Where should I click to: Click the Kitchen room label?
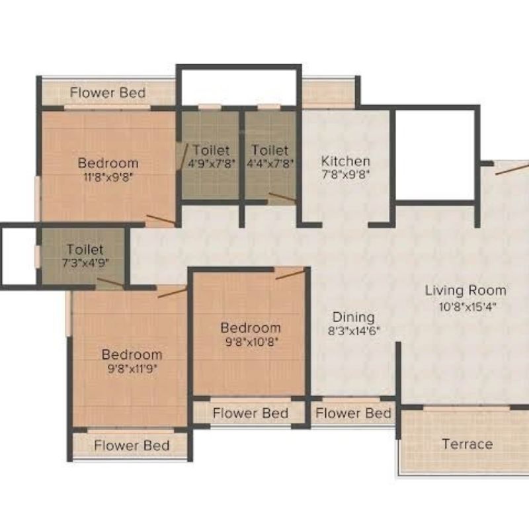(x=345, y=161)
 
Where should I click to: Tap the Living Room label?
(x=466, y=290)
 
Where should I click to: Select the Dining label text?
(x=354, y=317)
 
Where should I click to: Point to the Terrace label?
(x=468, y=444)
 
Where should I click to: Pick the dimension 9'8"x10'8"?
(x=252, y=342)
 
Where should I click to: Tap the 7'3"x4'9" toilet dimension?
(x=85, y=263)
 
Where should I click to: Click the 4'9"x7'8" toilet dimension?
(x=212, y=163)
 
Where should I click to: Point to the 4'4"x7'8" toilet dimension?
(x=270, y=163)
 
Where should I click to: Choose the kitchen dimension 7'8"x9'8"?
(x=346, y=175)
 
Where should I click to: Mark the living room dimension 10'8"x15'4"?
(x=468, y=307)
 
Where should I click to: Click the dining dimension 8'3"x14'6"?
(x=354, y=331)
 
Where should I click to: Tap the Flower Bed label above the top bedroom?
(x=108, y=93)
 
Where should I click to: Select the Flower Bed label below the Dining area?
(x=353, y=413)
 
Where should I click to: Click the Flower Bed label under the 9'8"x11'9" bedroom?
(x=132, y=446)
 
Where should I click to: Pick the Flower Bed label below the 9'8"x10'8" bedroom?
(x=251, y=413)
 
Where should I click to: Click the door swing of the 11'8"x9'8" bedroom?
(x=161, y=220)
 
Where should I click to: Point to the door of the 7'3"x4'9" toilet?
(x=110, y=282)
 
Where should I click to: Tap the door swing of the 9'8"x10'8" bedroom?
(x=290, y=274)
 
